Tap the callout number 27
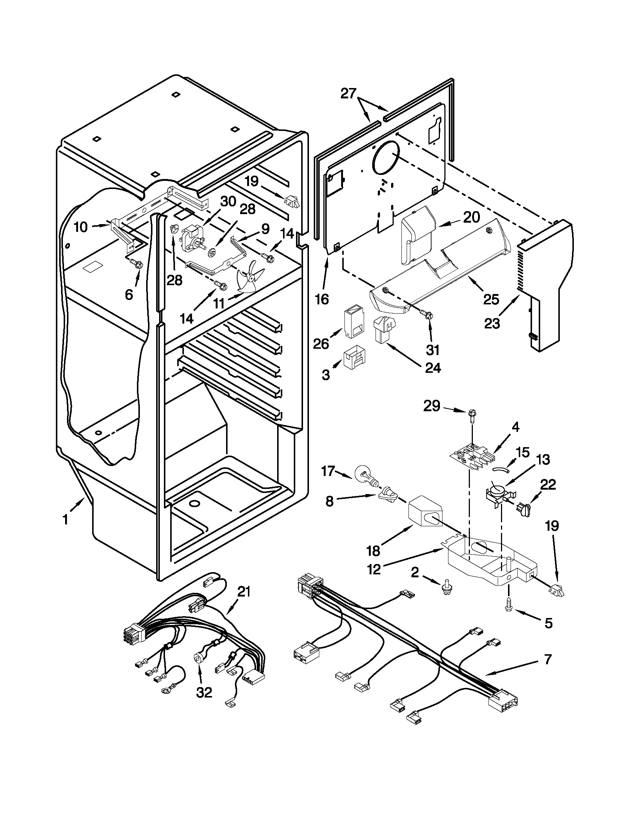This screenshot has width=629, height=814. point(349,94)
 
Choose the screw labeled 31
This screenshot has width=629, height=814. point(428,315)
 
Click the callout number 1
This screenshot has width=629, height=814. point(65,519)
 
